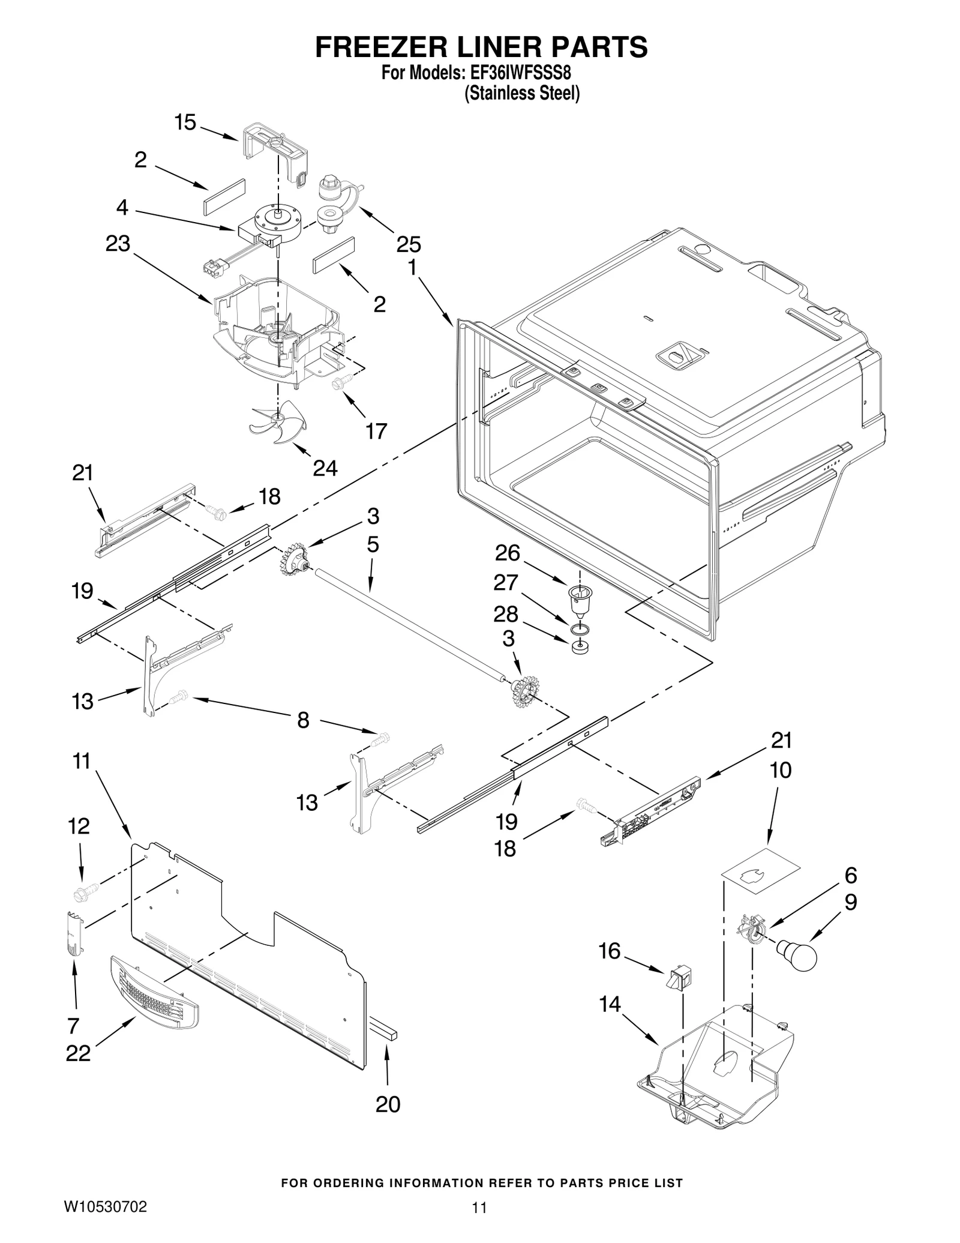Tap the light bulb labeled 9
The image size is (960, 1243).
point(796,954)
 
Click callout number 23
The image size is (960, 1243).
point(118,244)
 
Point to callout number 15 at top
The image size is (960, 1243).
point(185,122)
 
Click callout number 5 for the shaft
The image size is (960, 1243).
point(373,545)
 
